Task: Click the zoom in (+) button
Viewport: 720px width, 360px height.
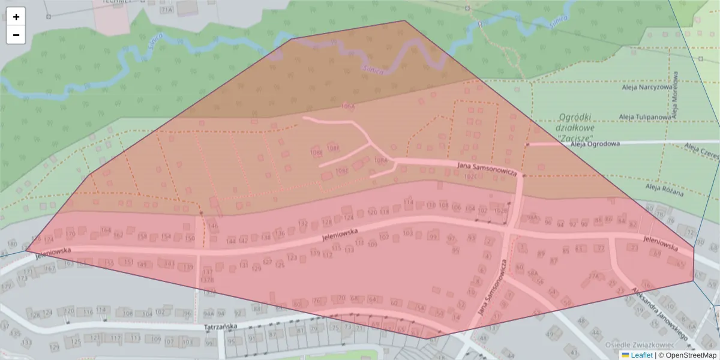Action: pyautogui.click(x=16, y=17)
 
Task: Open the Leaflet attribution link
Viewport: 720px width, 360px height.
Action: pyautogui.click(x=641, y=355)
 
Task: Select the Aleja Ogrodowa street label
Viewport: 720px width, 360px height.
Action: pyautogui.click(x=595, y=144)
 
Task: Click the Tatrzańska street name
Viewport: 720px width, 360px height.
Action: pyautogui.click(x=221, y=327)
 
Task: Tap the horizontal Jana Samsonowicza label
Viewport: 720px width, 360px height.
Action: pyautogui.click(x=487, y=168)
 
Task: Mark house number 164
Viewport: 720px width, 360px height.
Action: pyautogui.click(x=106, y=230)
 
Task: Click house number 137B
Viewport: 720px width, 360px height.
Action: pyautogui.click(x=207, y=280)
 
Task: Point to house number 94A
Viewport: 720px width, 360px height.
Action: pyautogui.click(x=209, y=313)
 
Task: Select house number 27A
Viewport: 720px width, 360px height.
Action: pyautogui.click(x=594, y=277)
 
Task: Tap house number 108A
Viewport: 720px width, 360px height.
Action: pyautogui.click(x=380, y=161)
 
